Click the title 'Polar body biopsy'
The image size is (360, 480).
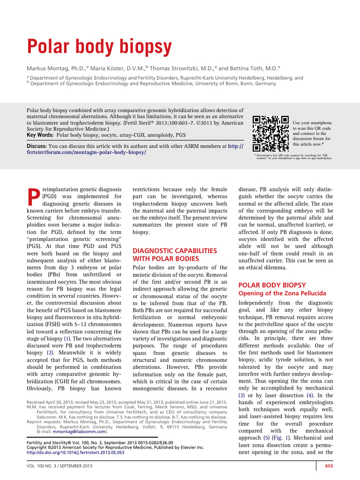tap(98, 46)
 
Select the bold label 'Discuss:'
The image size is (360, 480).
tap(36, 146)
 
